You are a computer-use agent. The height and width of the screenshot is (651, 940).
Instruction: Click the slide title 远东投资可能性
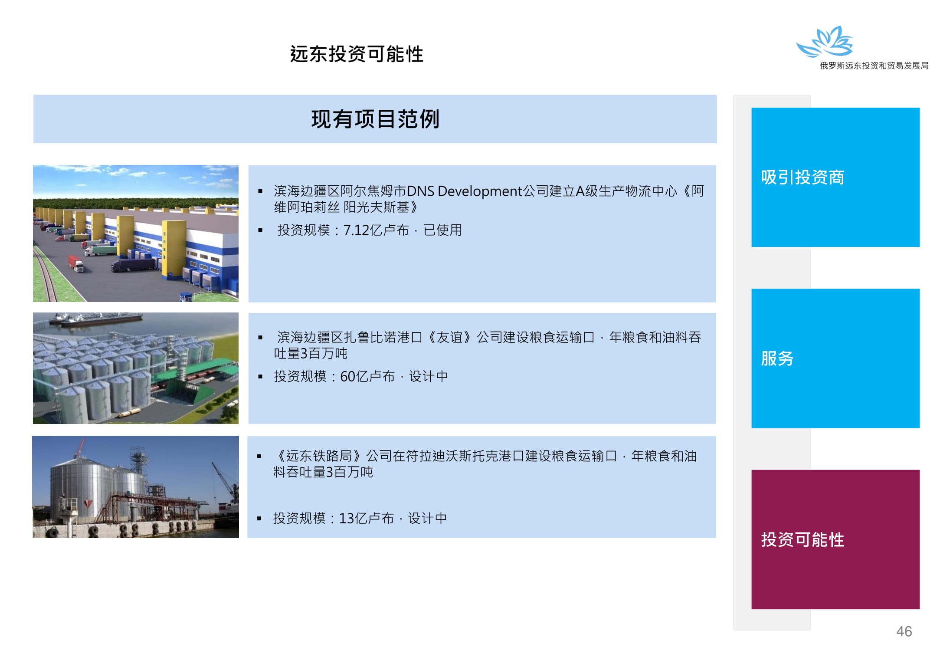[x=357, y=54]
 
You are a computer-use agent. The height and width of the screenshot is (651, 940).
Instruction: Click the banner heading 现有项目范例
[x=375, y=119]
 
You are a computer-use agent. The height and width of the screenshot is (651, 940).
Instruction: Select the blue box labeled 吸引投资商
[x=835, y=177]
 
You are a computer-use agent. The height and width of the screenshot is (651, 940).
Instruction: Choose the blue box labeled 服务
[x=835, y=358]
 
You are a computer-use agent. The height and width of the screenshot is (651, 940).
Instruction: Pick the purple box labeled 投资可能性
[x=835, y=539]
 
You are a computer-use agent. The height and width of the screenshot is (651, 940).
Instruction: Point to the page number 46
[x=904, y=631]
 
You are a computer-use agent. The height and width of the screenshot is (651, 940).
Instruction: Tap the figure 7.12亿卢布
[x=376, y=230]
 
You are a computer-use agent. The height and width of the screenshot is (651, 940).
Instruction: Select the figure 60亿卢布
[x=367, y=376]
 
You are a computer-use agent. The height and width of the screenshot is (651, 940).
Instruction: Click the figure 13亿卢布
[x=366, y=518]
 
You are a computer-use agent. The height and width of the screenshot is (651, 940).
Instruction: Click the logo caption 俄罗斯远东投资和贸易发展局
[x=874, y=66]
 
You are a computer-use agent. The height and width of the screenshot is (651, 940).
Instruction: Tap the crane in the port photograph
[x=226, y=482]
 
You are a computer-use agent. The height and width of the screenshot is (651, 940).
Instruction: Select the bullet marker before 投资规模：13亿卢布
[x=259, y=518]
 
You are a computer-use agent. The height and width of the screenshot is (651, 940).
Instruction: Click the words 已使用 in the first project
[x=442, y=230]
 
